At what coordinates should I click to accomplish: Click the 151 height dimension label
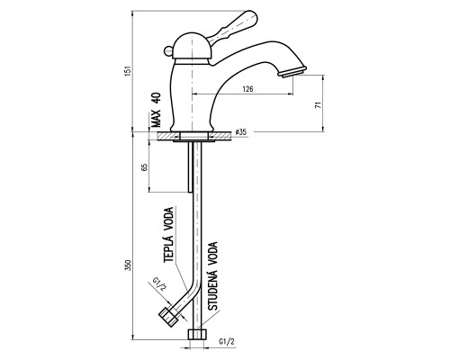(x=128, y=71)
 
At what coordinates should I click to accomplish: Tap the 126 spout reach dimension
(x=247, y=89)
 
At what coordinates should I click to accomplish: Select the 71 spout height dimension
(x=318, y=105)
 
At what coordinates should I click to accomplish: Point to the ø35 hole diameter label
(x=241, y=132)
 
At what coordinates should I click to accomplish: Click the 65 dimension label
(x=144, y=167)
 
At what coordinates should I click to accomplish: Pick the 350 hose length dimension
(x=128, y=265)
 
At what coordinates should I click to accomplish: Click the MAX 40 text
(x=156, y=110)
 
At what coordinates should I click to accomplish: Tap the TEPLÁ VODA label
(x=169, y=235)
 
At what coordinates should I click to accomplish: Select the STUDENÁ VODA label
(x=212, y=276)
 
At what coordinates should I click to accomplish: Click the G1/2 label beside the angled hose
(x=159, y=284)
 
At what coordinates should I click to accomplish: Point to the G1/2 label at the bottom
(x=227, y=342)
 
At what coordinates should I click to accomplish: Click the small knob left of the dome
(x=168, y=52)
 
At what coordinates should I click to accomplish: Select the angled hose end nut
(x=168, y=317)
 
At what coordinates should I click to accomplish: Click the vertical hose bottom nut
(x=197, y=335)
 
